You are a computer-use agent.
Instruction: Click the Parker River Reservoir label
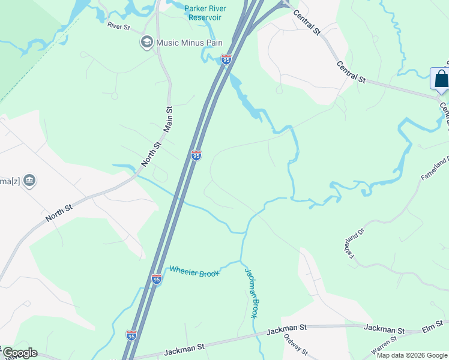point(202,13)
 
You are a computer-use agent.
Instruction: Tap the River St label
point(118,26)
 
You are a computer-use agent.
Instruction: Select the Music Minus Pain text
point(188,43)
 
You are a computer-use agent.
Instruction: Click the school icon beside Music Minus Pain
point(146,42)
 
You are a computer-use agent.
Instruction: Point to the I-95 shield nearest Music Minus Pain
point(226,59)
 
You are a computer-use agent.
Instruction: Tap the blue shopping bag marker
point(441,79)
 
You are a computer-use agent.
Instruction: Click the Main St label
point(169,119)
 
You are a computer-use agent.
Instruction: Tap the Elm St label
point(432,328)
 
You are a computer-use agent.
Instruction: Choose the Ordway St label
point(295,345)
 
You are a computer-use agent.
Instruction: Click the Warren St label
point(385,347)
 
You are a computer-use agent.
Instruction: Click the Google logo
point(19,353)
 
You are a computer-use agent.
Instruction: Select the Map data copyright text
point(412,355)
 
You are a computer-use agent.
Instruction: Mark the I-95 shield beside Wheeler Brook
point(157,279)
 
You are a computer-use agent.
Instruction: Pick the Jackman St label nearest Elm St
point(384,329)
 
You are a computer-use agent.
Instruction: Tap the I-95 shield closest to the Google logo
point(131,335)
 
